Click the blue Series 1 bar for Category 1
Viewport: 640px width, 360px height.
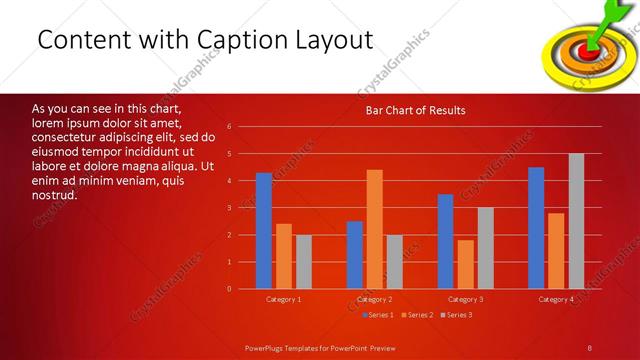[x=264, y=231]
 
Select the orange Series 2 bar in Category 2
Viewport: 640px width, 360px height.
[x=375, y=229]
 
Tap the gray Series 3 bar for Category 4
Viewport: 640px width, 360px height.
[x=576, y=221]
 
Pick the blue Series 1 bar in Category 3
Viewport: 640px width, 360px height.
[x=446, y=241]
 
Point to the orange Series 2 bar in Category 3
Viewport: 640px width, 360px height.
[x=466, y=264]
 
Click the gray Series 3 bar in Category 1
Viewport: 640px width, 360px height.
[x=303, y=262]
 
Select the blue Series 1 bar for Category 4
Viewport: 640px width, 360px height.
[x=537, y=228]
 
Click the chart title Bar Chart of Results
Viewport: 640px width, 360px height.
[x=415, y=110]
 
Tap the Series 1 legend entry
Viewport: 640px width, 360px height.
[x=377, y=315]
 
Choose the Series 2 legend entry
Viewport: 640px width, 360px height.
[x=418, y=315]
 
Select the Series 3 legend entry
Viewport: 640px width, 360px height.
[x=457, y=315]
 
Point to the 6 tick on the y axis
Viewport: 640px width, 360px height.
[x=230, y=127]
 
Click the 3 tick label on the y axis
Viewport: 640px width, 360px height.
[x=230, y=208]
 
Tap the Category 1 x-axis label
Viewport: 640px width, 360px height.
[x=284, y=299]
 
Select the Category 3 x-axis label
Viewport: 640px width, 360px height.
[x=465, y=299]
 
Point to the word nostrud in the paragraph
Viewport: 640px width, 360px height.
[x=54, y=194]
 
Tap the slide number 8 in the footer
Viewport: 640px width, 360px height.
[x=590, y=346]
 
